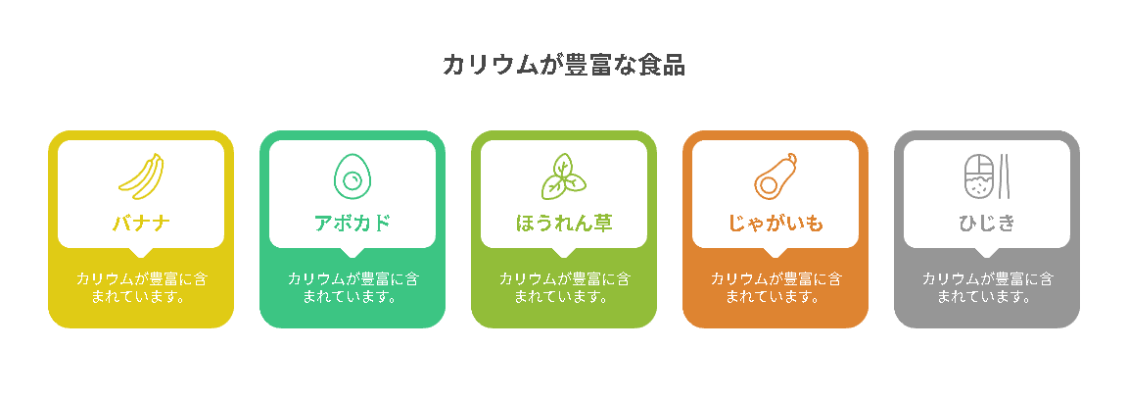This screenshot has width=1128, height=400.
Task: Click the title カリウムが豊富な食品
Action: tap(563, 65)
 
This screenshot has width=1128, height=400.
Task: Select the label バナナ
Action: tap(141, 223)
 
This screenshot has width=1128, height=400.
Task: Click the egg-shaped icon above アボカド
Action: tap(352, 176)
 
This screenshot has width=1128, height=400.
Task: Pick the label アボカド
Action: tap(352, 223)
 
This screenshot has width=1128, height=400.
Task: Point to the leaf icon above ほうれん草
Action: tap(563, 176)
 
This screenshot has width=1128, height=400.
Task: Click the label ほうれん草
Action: tap(564, 223)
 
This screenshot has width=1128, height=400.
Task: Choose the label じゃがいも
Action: tap(775, 223)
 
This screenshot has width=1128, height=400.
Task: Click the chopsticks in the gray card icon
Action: tap(1006, 176)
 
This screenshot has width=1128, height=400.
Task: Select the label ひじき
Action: tap(987, 223)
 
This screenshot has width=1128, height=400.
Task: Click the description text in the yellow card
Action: tap(141, 287)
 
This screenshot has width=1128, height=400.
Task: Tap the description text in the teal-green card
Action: tap(352, 287)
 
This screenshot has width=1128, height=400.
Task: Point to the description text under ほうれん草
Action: tap(564, 287)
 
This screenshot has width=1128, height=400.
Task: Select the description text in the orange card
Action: tap(775, 287)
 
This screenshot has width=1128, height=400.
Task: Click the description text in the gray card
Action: tap(987, 287)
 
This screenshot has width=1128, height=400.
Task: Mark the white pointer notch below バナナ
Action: tap(141, 252)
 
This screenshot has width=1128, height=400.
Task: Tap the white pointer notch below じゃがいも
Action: tap(775, 252)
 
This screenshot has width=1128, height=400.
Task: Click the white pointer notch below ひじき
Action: tap(987, 252)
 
